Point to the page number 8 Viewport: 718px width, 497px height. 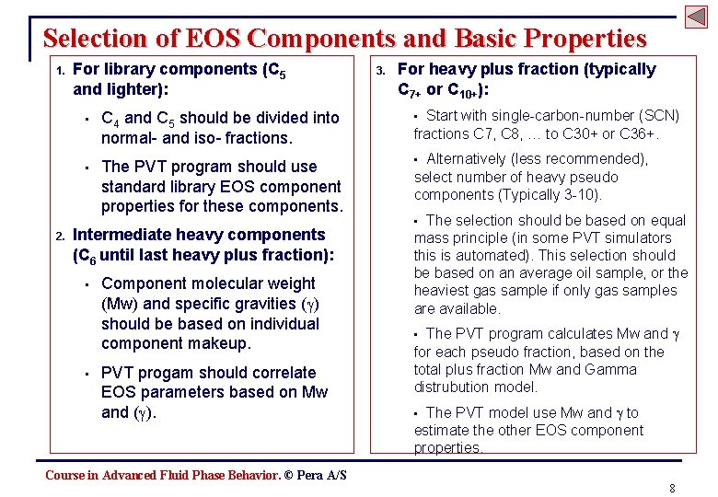coord(673,488)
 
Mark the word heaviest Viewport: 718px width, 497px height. coord(442,291)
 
